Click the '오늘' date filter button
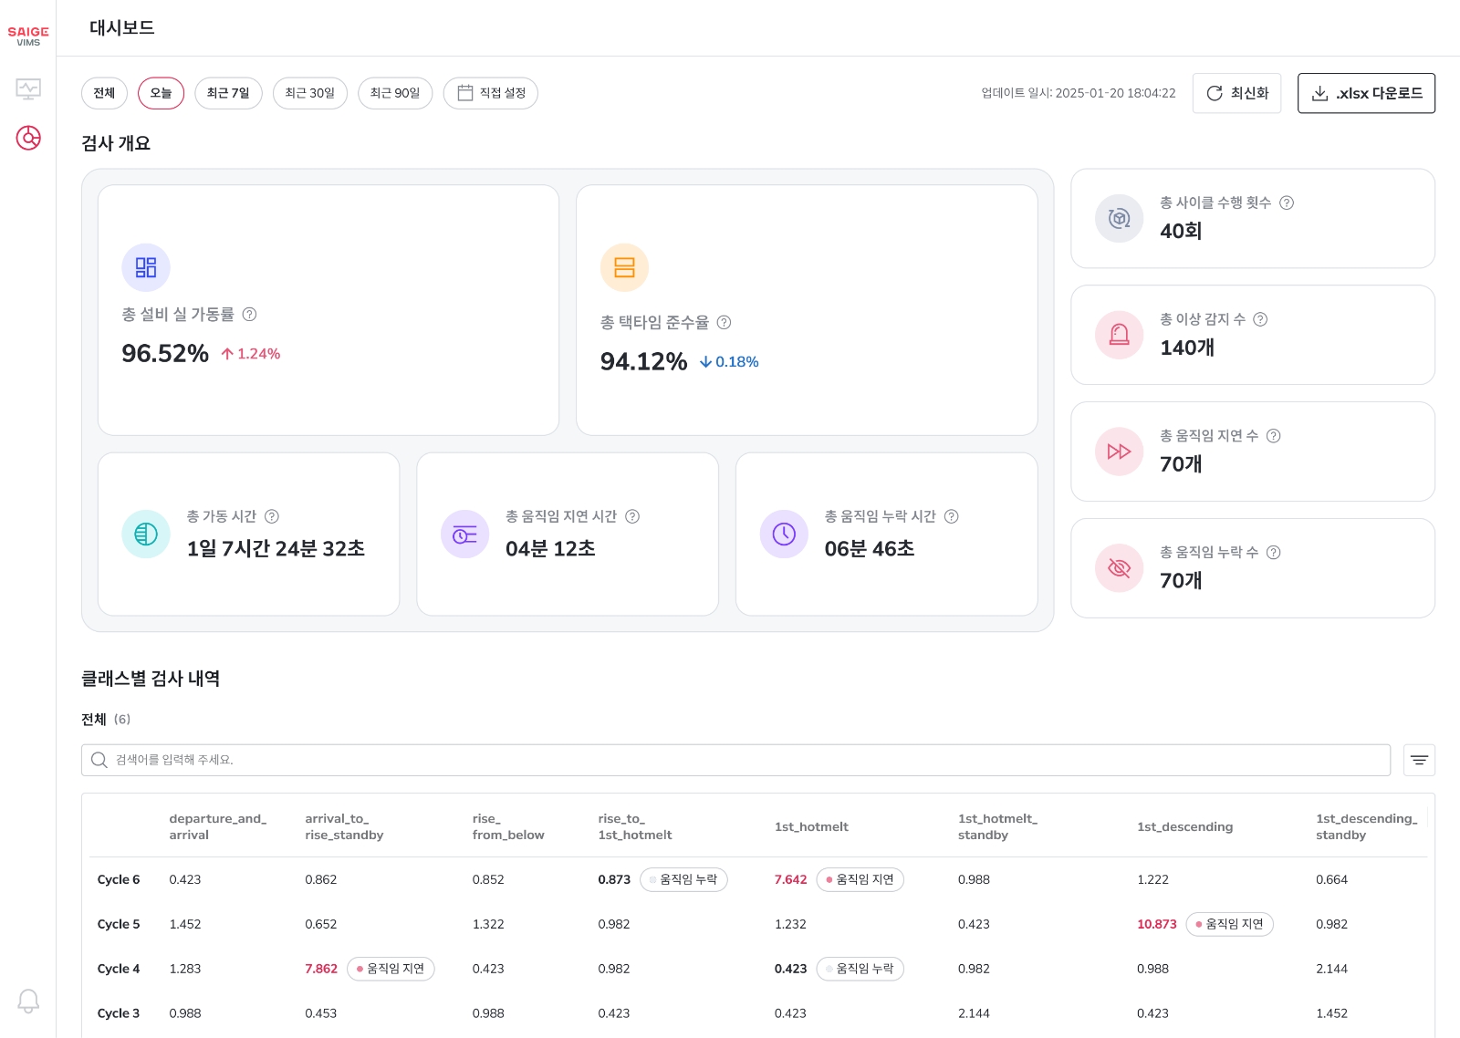point(161,93)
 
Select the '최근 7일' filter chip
point(228,93)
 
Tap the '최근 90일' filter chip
point(394,93)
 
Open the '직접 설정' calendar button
point(491,93)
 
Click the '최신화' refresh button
point(1236,93)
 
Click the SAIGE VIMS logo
point(28,36)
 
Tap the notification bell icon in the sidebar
point(28,1001)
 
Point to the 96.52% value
point(165,353)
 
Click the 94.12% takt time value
point(643,361)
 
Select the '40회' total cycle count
point(1181,231)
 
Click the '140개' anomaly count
point(1186,348)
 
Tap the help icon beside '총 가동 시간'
point(272,516)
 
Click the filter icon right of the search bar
point(1419,760)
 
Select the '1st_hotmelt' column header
point(811,826)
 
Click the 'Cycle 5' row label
point(119,924)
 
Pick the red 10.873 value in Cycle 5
point(1156,924)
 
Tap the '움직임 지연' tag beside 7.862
point(391,969)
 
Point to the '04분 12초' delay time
point(550,548)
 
